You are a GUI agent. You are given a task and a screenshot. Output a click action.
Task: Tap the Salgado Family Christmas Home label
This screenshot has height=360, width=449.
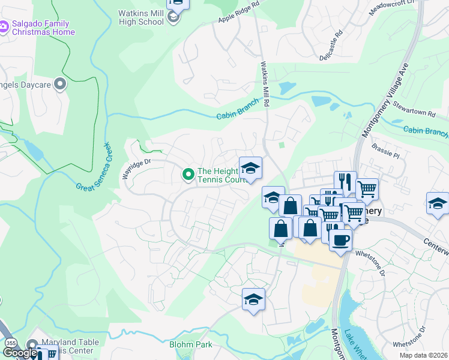coord(43,28)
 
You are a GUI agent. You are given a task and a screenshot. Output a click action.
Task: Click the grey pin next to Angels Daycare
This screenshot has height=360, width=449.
coord(59,85)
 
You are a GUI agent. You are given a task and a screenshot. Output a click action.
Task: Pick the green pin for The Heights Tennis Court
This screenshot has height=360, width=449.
coord(188,175)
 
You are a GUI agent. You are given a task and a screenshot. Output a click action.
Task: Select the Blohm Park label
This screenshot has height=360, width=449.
coord(191,345)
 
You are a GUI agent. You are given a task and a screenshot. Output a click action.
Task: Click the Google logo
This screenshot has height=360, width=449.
coord(19,353)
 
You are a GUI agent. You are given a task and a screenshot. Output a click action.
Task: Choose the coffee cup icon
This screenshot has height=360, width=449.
coord(340,240)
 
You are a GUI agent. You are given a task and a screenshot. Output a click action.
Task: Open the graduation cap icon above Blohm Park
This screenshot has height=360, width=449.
coord(253,299)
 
